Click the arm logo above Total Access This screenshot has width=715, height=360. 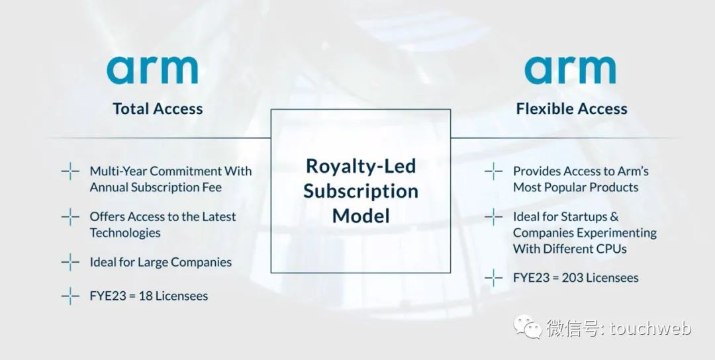point(152,70)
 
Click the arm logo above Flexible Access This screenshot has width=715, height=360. point(570,70)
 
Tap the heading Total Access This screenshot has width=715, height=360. point(158,109)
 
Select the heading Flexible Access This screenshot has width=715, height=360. point(572,109)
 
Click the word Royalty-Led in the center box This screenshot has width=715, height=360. point(361,166)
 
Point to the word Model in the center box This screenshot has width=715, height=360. point(361,215)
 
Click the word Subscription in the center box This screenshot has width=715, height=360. point(361,191)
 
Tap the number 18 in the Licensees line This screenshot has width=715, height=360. point(146,296)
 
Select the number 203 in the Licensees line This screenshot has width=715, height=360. point(571,277)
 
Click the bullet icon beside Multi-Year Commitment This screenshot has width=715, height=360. point(70,171)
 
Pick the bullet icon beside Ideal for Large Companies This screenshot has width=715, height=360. point(70,262)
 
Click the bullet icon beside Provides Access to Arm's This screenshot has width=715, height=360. point(493,171)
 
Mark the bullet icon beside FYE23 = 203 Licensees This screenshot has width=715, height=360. point(493,277)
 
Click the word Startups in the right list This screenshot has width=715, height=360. point(584,217)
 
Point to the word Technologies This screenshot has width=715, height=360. point(125,233)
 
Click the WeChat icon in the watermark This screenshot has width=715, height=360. point(528,326)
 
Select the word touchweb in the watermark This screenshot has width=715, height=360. point(651,328)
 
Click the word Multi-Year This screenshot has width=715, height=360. point(118,171)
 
